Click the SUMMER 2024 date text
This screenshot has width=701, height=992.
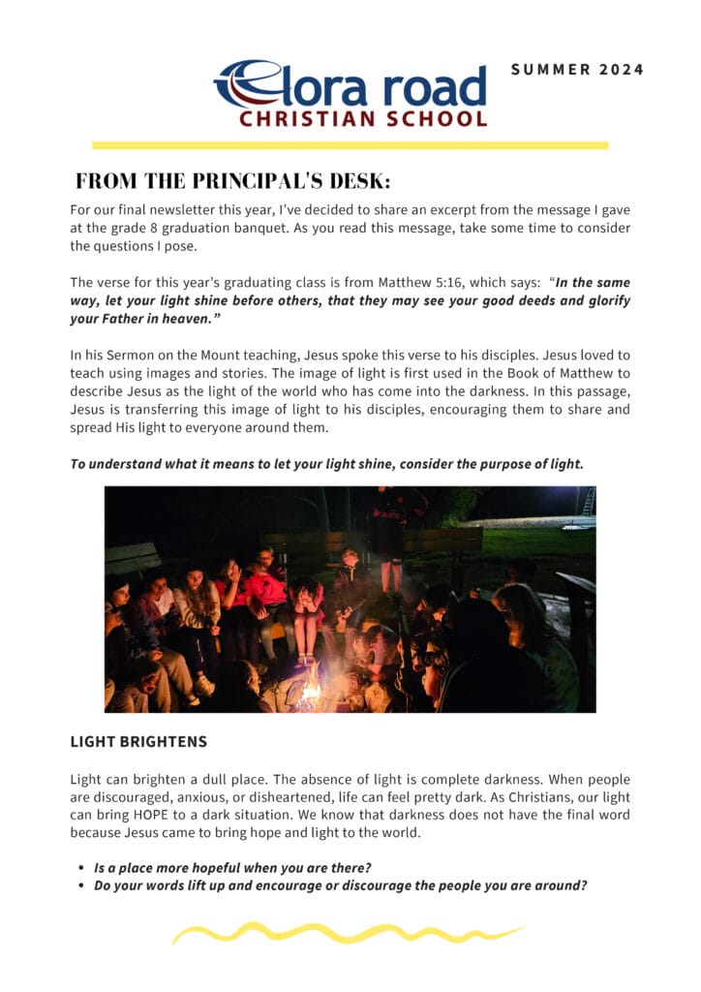577,70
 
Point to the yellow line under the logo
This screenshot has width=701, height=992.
350,145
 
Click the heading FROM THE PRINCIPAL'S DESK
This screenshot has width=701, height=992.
233,181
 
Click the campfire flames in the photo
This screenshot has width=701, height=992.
311,690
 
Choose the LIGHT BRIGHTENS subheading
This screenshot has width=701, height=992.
138,743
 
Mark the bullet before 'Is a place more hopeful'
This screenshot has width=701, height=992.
79,868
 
